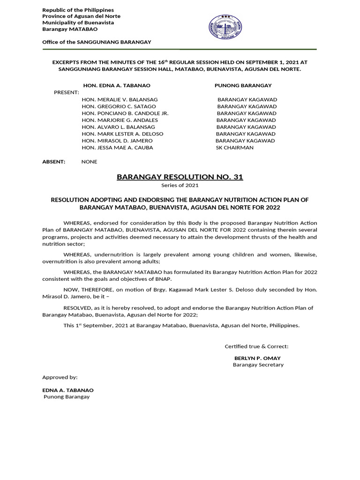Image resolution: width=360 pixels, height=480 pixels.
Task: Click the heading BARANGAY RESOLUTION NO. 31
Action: click(x=180, y=177)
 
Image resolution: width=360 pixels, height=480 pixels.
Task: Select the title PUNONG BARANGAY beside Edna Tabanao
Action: click(x=243, y=85)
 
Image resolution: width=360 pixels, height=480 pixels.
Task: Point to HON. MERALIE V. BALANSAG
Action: click(x=120, y=100)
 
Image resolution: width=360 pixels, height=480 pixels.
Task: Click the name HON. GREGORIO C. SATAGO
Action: click(x=120, y=106)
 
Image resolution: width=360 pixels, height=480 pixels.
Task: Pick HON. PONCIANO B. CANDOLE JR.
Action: click(x=125, y=113)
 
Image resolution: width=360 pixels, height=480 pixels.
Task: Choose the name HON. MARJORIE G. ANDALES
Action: click(x=120, y=120)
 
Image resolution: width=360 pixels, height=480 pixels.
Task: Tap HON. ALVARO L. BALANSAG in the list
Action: click(x=118, y=127)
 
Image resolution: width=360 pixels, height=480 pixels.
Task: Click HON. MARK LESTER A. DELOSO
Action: click(x=122, y=134)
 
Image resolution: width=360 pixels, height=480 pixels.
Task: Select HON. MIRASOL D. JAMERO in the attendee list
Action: click(x=117, y=141)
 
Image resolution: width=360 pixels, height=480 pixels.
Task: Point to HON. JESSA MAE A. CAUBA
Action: click(x=117, y=148)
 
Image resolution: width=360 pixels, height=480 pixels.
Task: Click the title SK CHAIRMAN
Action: click(x=234, y=148)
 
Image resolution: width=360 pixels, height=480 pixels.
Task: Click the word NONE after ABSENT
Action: click(x=89, y=162)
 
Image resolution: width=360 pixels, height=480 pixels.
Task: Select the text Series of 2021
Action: click(x=180, y=186)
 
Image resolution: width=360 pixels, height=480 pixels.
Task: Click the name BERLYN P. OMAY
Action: click(x=257, y=358)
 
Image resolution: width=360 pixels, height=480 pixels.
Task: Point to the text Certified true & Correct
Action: click(x=256, y=346)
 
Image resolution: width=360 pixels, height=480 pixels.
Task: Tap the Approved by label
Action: click(x=60, y=377)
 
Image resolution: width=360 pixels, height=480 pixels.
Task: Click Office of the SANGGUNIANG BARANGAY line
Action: click(x=97, y=42)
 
